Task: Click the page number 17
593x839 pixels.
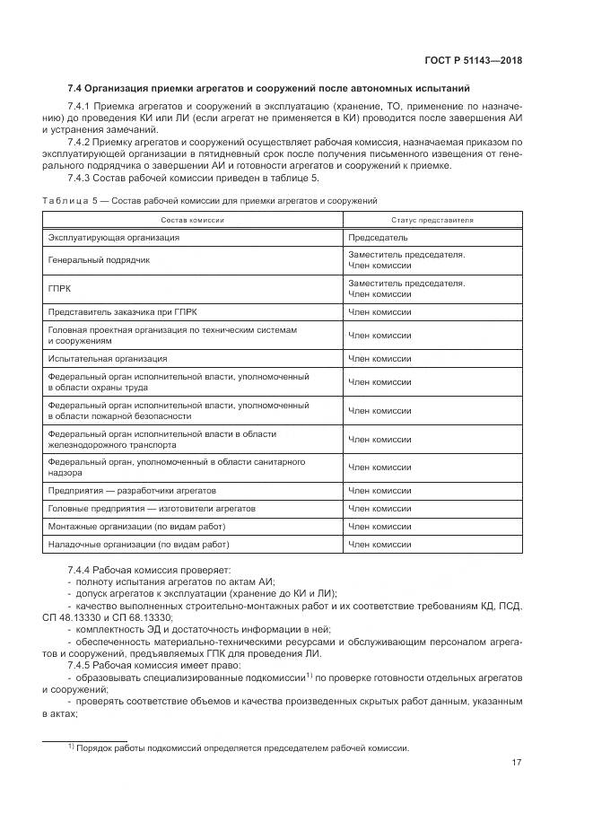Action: (517, 763)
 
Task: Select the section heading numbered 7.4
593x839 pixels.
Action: (268, 88)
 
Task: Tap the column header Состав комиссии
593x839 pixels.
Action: (193, 220)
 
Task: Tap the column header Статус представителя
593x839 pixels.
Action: (432, 220)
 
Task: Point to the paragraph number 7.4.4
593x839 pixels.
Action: (81, 570)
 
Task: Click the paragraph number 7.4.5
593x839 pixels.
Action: (81, 665)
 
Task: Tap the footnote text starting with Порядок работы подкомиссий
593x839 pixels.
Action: (241, 747)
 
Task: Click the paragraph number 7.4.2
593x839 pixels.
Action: (81, 142)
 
